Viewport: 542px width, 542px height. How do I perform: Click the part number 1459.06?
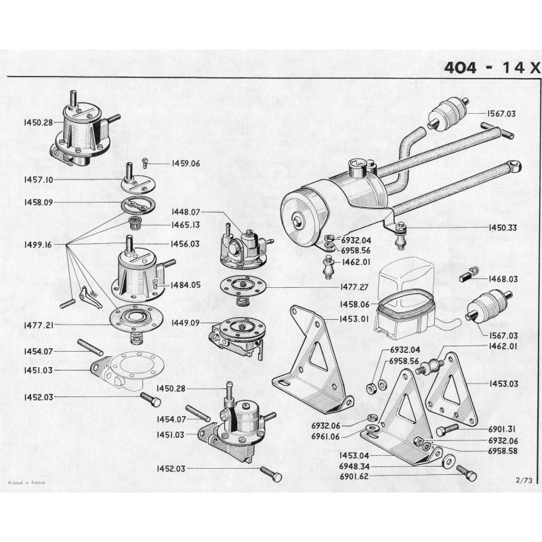[167, 163]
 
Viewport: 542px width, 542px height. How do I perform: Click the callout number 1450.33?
[502, 228]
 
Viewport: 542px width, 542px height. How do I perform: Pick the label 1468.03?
[503, 278]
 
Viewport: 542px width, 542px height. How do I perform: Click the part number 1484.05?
[186, 285]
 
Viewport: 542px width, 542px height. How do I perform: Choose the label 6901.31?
[503, 428]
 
